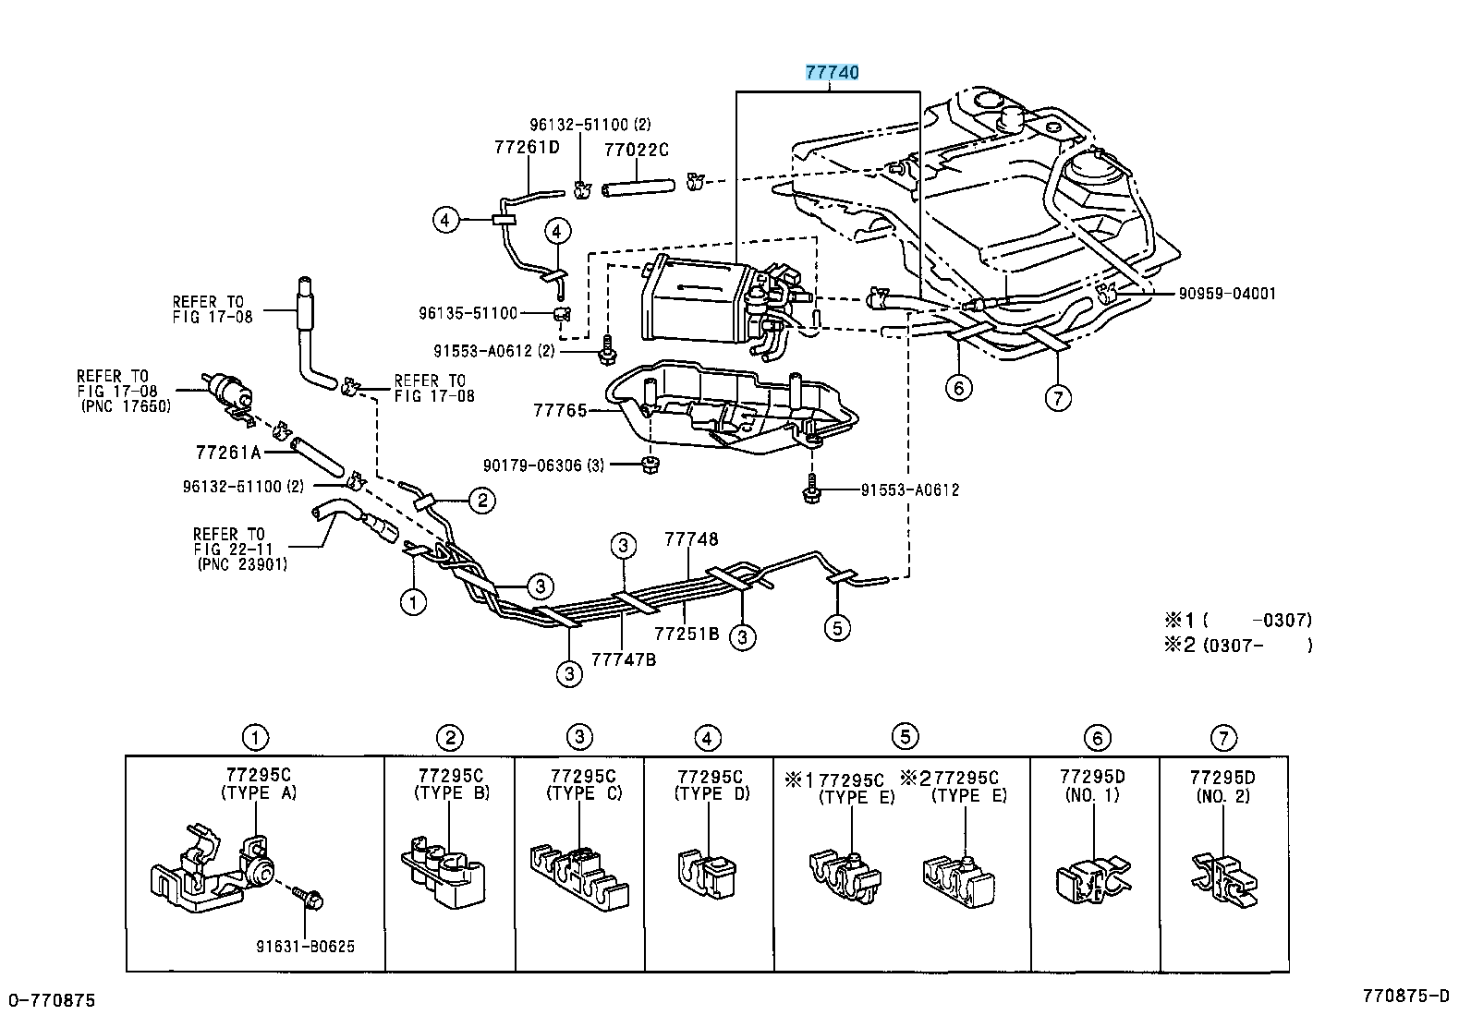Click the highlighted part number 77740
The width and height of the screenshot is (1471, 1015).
pos(833,73)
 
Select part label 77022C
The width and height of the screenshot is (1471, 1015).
pos(636,149)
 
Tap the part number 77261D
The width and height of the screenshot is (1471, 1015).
pos(527,146)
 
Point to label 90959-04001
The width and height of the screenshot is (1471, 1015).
pos(1226,294)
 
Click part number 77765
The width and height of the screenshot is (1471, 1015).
pos(559,410)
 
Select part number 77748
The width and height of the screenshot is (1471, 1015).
pos(691,538)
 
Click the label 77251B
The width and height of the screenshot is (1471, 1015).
pos(687,634)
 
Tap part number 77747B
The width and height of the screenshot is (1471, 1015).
pos(624,659)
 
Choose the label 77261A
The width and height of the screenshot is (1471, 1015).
pos(228,453)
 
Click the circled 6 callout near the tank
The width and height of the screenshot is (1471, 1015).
pos(958,388)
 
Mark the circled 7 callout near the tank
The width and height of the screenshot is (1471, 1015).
pos(1057,398)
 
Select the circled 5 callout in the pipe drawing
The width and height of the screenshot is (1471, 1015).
pos(836,628)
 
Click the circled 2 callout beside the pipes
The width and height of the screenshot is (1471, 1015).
pos(481,501)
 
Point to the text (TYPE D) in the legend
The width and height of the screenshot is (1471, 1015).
pos(712,793)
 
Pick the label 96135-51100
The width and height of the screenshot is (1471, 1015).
pos(468,313)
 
